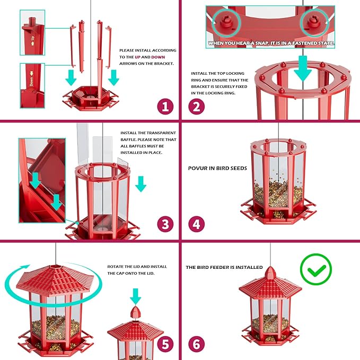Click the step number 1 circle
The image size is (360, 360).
[x=165, y=107]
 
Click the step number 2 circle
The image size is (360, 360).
[x=196, y=107]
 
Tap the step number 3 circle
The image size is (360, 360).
[x=165, y=224]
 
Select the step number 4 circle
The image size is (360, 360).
[x=196, y=224]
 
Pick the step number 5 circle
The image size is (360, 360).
[x=165, y=344]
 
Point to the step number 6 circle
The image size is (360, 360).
[x=196, y=344]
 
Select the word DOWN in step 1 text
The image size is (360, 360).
[x=159, y=56]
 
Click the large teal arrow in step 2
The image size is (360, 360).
[x=304, y=67]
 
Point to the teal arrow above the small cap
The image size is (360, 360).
[x=136, y=295]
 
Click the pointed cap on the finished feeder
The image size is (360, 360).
[x=270, y=275]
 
